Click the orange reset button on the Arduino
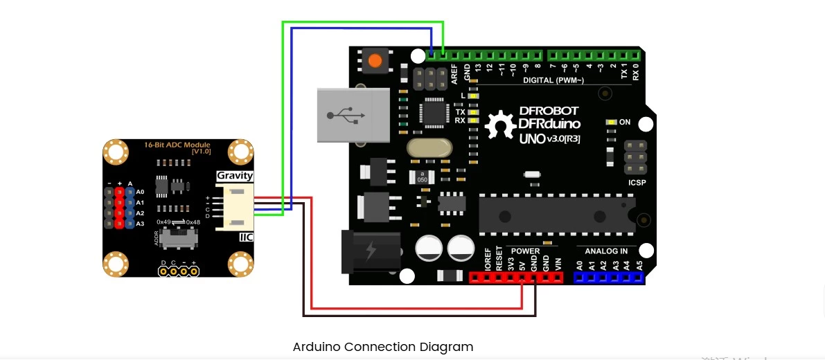(375, 60)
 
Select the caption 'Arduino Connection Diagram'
(382, 347)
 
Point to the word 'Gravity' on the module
(235, 176)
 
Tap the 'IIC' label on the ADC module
(246, 237)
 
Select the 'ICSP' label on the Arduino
(637, 183)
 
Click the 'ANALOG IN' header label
(606, 251)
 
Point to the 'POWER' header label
(525, 251)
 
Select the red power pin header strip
(516, 278)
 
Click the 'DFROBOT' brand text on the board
(548, 111)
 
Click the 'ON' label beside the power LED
(625, 123)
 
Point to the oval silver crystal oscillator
(429, 147)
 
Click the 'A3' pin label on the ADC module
(140, 224)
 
